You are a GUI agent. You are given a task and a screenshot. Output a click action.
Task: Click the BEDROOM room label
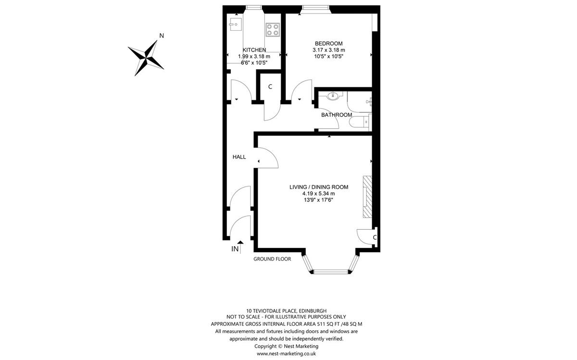(x=329, y=44)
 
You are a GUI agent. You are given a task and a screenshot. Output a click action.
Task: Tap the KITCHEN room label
(x=254, y=50)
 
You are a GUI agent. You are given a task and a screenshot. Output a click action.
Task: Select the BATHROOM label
(x=337, y=115)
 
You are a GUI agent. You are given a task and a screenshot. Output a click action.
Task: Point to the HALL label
(x=239, y=157)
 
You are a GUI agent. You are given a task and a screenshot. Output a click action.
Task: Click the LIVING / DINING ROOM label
(x=319, y=187)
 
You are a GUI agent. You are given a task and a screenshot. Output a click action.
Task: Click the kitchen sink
(x=235, y=24)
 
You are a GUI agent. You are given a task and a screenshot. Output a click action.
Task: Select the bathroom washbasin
(x=333, y=96)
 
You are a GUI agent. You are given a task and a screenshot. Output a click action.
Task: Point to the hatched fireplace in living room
(x=367, y=197)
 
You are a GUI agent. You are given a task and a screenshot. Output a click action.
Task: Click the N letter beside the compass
(x=162, y=36)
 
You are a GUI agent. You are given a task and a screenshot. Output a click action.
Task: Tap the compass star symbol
(x=146, y=58)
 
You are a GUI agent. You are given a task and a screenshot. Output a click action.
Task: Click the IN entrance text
(x=235, y=249)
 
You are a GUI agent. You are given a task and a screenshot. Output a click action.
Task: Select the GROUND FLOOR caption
(x=272, y=259)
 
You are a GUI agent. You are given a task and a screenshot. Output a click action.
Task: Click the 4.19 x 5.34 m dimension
(x=319, y=194)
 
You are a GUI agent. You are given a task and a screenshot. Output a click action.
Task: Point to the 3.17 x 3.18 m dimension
(x=329, y=50)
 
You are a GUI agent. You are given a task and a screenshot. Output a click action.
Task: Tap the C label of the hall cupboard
(x=270, y=87)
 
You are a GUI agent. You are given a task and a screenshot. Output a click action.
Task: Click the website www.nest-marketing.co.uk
(x=286, y=354)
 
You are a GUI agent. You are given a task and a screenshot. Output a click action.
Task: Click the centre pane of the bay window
(x=331, y=272)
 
